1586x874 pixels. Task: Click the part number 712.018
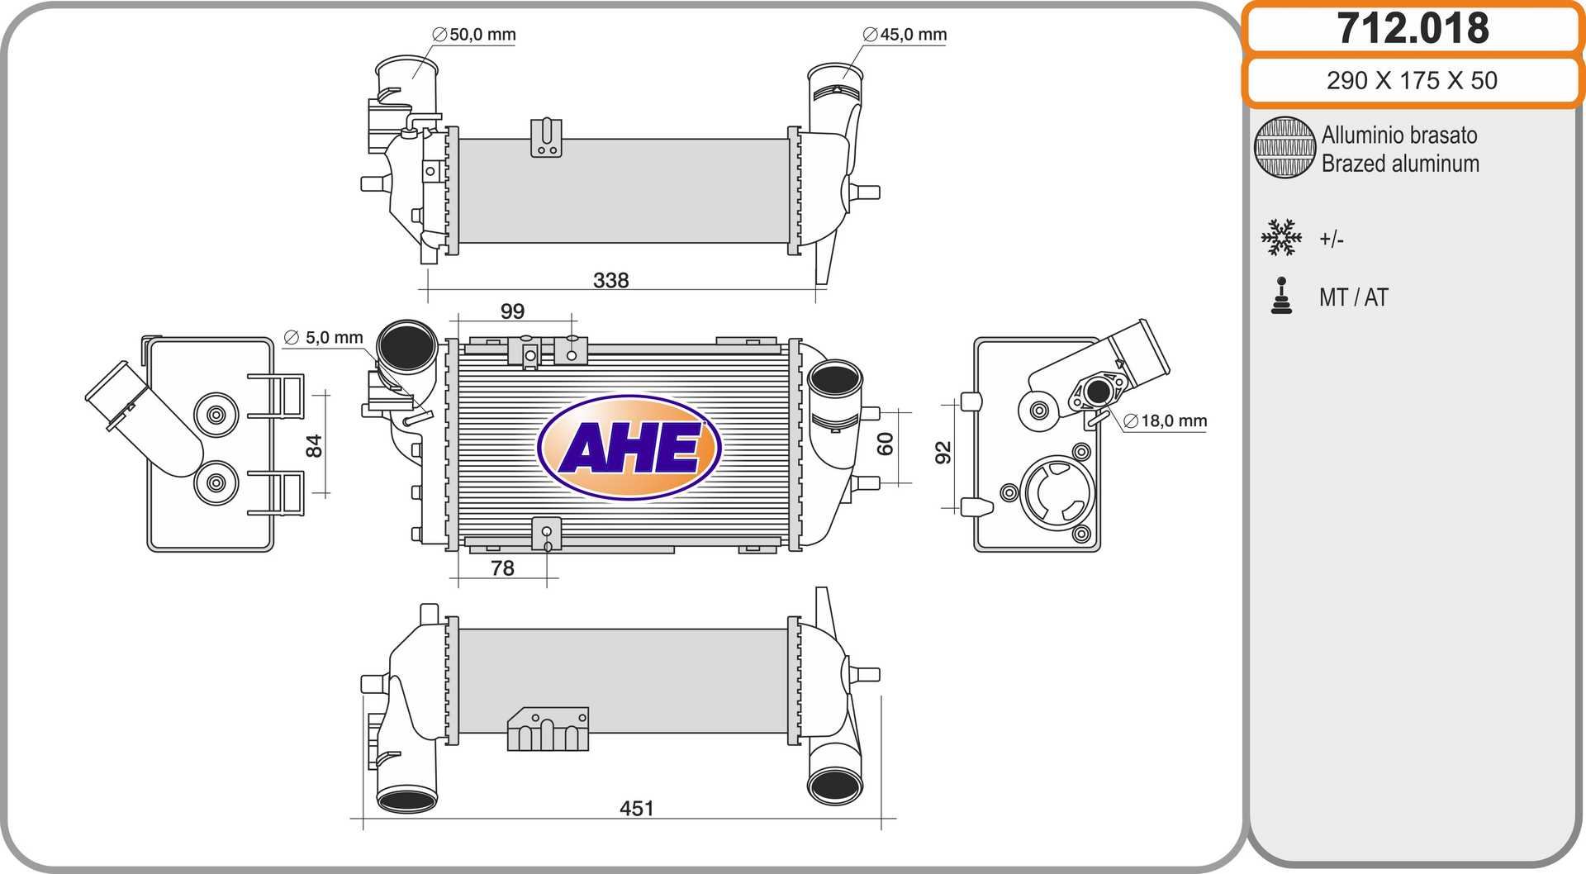click(x=1413, y=28)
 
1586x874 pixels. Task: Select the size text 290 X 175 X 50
click(x=1412, y=80)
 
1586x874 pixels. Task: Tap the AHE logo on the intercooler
click(x=629, y=448)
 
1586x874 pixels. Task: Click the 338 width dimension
click(x=611, y=280)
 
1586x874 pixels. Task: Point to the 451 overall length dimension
click(x=637, y=808)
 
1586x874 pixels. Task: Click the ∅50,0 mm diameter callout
click(x=474, y=35)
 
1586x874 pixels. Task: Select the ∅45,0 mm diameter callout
click(x=905, y=35)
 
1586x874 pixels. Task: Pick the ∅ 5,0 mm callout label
click(x=324, y=337)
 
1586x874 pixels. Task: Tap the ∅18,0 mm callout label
click(x=1166, y=420)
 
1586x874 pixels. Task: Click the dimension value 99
click(x=512, y=311)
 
